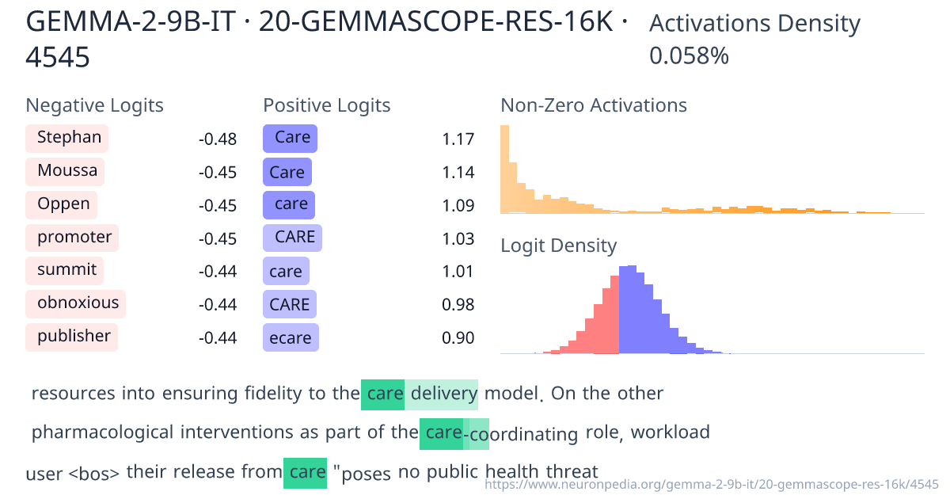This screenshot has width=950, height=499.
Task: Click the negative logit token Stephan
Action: [x=67, y=139]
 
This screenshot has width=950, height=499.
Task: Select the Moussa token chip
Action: [x=66, y=171]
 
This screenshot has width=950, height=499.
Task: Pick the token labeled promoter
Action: [x=73, y=238]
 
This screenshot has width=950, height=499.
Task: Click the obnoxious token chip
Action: [x=77, y=303]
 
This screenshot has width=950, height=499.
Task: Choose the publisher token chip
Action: [x=72, y=337]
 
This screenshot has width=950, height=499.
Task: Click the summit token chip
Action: [x=66, y=270]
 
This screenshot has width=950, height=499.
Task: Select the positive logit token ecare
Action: [x=291, y=338]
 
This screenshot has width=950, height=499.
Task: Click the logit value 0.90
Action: [x=458, y=338]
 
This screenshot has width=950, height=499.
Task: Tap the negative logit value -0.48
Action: [x=217, y=139]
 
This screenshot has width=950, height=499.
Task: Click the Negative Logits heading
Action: [x=95, y=105]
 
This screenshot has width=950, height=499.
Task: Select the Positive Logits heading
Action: [x=327, y=105]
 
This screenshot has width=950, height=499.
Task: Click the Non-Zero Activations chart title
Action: [x=594, y=105]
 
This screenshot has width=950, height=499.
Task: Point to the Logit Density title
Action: [x=558, y=246]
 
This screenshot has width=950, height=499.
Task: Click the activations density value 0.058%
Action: [x=689, y=56]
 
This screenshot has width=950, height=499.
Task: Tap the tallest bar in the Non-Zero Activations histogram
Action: [x=504, y=169]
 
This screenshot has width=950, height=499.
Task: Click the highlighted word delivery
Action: [x=443, y=394]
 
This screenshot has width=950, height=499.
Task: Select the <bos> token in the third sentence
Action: [x=94, y=474]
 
